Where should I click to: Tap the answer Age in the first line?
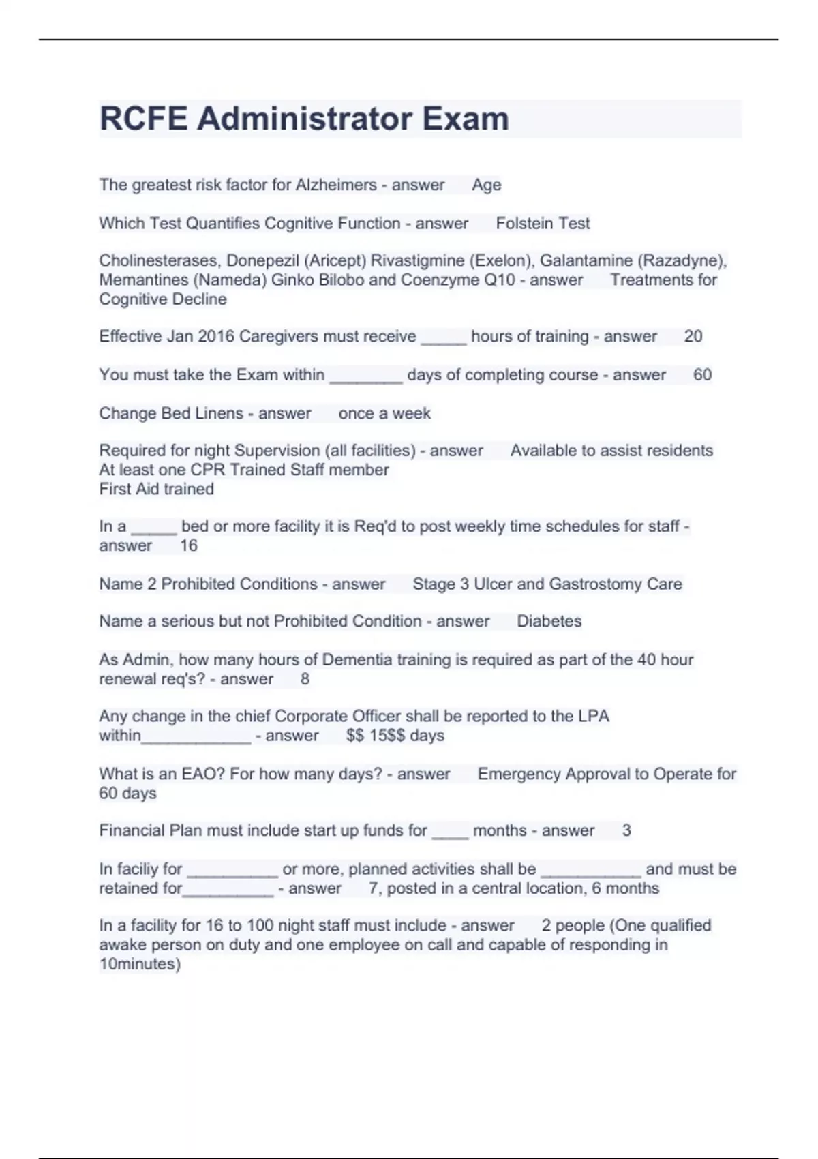click(486, 185)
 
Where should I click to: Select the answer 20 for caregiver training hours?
click(693, 336)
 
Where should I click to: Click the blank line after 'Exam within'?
click(366, 376)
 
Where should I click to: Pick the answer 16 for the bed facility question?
click(188, 545)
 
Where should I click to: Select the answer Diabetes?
click(549, 621)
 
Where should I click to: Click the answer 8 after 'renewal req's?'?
click(305, 679)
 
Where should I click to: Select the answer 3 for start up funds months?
click(626, 830)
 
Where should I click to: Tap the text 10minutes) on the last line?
click(140, 964)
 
